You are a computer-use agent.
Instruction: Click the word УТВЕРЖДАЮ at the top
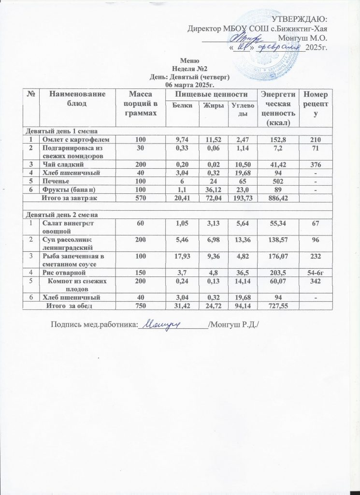[x=300, y=19]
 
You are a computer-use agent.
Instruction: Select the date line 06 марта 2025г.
[x=187, y=85]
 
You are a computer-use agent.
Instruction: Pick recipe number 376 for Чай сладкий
[x=315, y=165]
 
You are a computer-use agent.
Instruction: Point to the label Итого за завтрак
[x=69, y=198]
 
